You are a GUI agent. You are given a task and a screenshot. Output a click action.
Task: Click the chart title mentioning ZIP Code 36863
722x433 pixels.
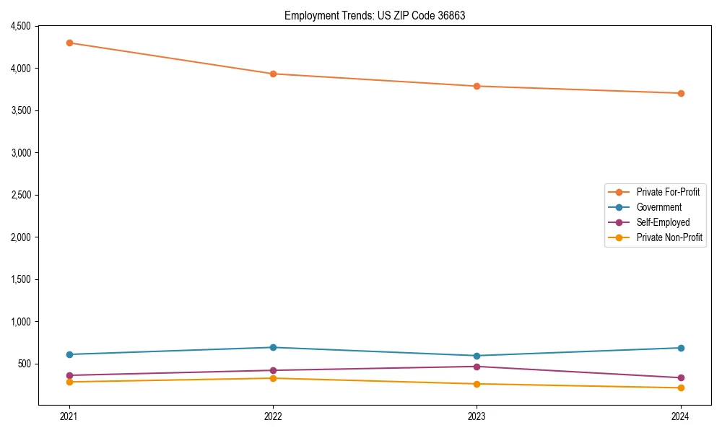coord(375,15)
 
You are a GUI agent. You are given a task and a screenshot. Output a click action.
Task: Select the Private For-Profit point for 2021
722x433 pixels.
coord(69,43)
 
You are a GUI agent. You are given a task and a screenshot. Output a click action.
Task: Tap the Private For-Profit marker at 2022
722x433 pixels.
coord(273,74)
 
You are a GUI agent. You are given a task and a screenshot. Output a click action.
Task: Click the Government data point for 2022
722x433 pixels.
coord(273,347)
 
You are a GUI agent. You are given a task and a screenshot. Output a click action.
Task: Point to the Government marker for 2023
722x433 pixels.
coord(477,356)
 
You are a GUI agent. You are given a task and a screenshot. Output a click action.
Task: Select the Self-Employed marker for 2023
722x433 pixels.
coord(477,367)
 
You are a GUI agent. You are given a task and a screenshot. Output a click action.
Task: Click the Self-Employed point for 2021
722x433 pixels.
coord(69,375)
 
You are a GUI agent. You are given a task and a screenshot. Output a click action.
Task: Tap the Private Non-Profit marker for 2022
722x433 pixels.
coord(273,378)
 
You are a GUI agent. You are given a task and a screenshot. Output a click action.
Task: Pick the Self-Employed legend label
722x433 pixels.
coord(663,222)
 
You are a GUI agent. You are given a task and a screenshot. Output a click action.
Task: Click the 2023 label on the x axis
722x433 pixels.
coord(477,416)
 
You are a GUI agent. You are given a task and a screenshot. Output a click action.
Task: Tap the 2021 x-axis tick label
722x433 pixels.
coord(69,416)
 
